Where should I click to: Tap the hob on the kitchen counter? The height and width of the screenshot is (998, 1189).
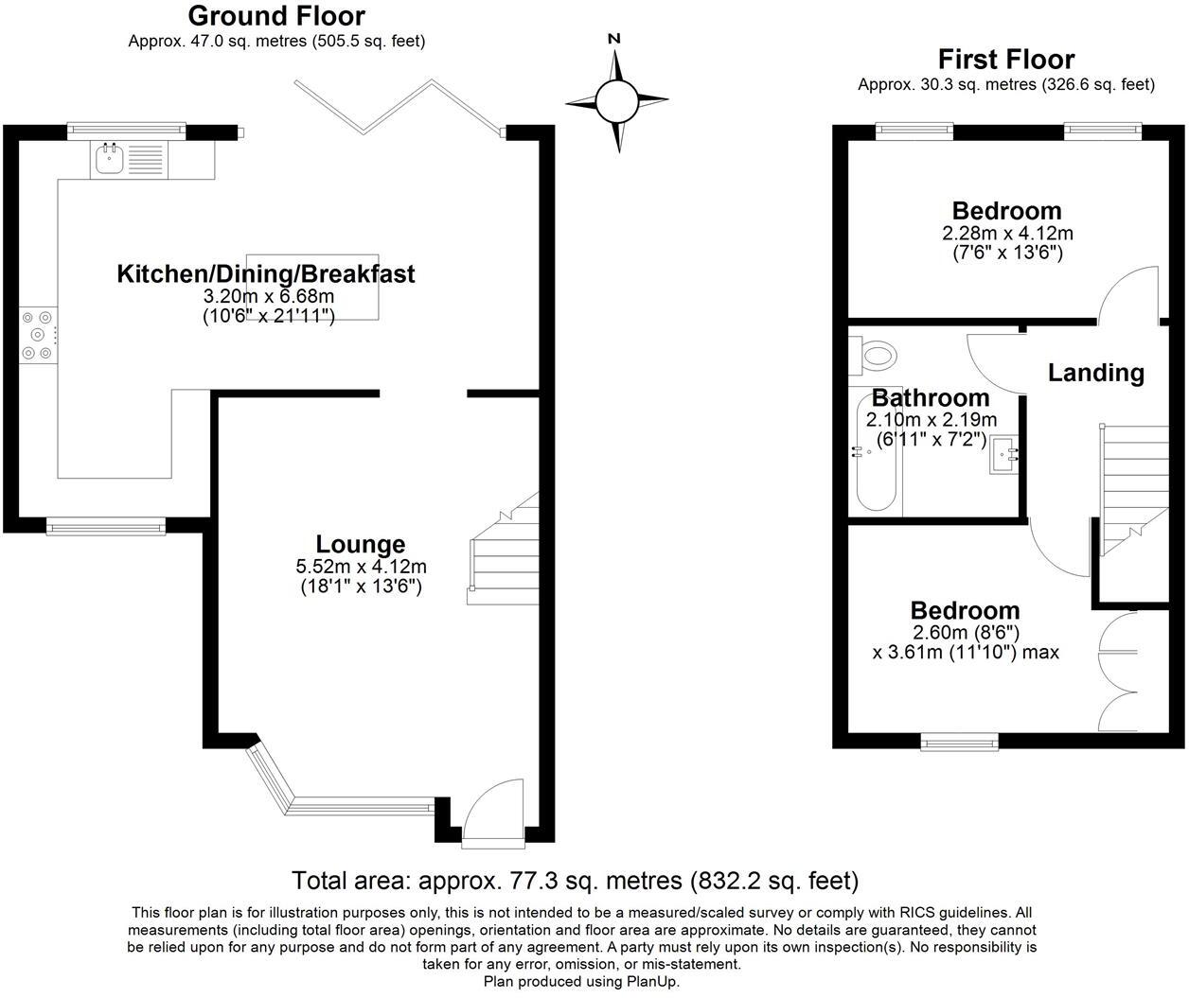point(38,335)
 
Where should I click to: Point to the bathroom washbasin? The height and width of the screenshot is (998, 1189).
point(1003,454)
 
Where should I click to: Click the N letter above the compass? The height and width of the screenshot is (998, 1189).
point(613,39)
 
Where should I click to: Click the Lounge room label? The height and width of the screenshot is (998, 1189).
point(361,544)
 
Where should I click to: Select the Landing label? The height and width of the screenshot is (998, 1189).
point(1096,373)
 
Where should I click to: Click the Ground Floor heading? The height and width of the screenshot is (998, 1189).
point(276,16)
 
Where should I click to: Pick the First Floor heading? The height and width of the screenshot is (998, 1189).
point(1006,60)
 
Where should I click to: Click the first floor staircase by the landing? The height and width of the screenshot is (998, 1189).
point(1134,490)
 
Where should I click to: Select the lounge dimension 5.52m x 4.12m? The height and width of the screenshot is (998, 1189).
point(361,567)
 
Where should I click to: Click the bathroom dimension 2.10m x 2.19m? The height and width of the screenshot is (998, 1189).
point(932,420)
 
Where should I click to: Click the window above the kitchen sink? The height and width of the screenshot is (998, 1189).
point(127,131)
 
